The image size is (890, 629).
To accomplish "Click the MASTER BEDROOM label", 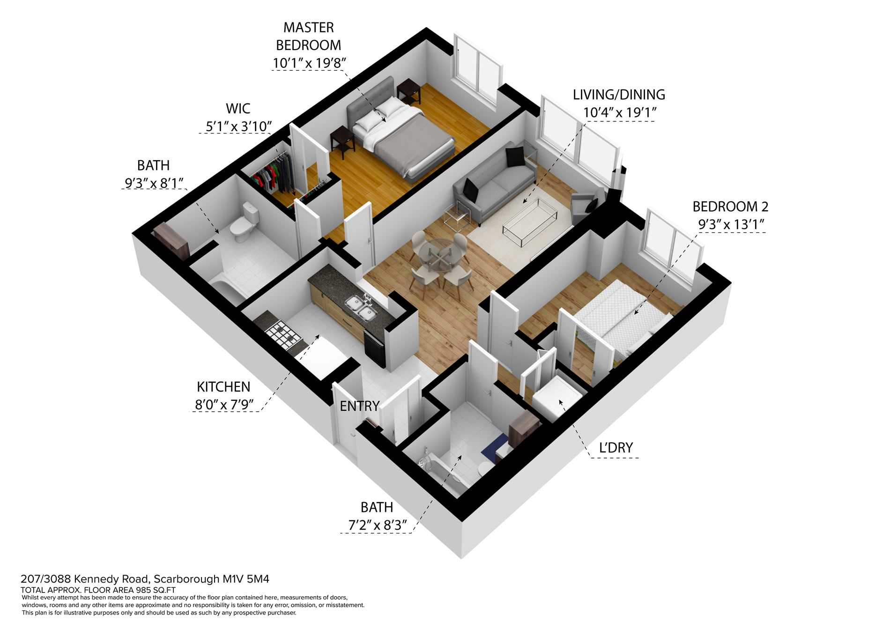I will (308, 36).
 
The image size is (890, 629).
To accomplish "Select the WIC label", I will (238, 109).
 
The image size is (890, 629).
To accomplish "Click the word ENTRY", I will (359, 406).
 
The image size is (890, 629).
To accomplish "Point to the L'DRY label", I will (616, 448).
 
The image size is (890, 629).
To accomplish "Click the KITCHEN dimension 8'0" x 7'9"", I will (224, 404).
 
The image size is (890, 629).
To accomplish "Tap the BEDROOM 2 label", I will (730, 206).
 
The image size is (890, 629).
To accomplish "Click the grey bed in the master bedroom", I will (403, 138).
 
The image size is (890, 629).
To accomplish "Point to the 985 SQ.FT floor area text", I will (150, 590).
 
